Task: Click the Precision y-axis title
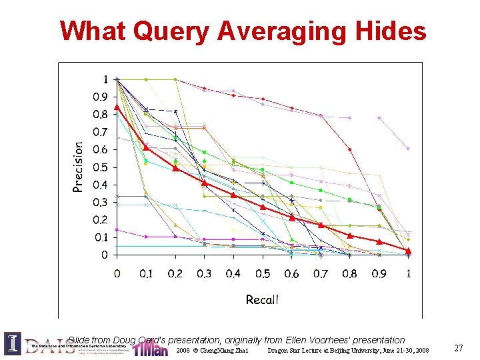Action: tap(78, 167)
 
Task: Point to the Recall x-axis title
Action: tap(262, 299)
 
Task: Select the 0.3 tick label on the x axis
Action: tap(204, 273)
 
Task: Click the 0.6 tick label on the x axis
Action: tap(291, 273)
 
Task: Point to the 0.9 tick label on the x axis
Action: tap(379, 273)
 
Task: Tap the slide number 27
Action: tap(458, 348)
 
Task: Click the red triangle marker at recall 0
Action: tap(117, 107)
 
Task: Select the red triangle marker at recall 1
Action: tap(408, 250)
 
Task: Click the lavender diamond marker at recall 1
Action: tap(408, 149)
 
